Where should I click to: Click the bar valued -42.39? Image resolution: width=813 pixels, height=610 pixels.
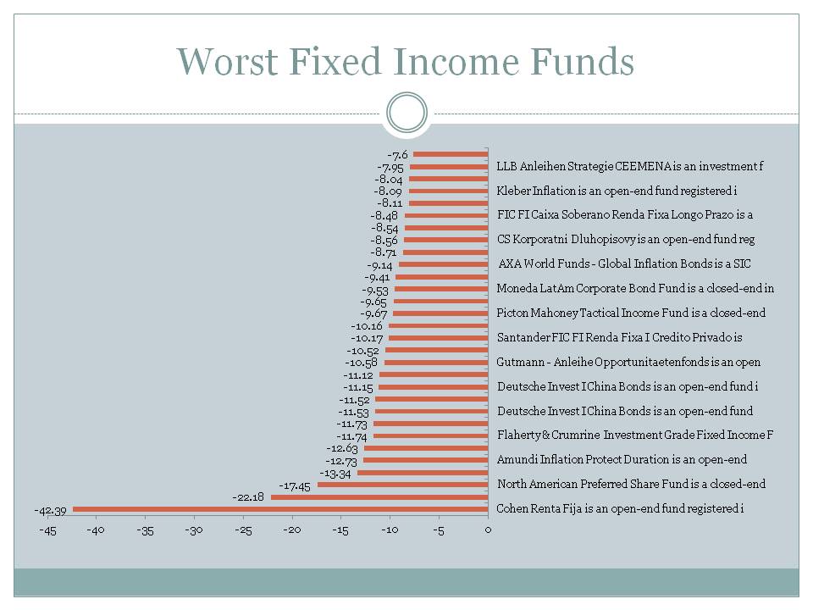click(x=279, y=509)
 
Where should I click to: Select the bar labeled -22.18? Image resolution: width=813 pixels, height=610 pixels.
click(x=379, y=497)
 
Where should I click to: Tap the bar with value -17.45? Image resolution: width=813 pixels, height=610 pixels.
click(x=402, y=485)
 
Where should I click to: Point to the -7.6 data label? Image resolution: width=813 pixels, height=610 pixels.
click(x=398, y=155)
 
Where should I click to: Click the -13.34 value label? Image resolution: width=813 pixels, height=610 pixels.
click(x=335, y=473)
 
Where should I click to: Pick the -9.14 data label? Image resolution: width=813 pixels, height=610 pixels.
click(x=380, y=265)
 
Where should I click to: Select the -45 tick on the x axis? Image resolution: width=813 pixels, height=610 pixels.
click(x=47, y=531)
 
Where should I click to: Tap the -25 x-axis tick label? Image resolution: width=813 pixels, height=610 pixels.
click(x=243, y=531)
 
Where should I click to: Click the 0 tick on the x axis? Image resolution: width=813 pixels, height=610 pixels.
click(x=488, y=531)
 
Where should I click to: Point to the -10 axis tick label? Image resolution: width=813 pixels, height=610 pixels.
click(x=390, y=531)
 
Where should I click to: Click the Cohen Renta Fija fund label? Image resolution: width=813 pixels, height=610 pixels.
click(x=620, y=508)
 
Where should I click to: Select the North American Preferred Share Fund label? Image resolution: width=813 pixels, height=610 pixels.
click(x=631, y=484)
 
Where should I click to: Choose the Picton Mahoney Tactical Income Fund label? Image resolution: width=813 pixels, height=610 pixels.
click(x=631, y=313)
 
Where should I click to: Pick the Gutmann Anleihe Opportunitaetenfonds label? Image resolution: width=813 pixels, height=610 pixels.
click(x=628, y=362)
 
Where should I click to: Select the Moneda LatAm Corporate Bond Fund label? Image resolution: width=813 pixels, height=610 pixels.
click(x=635, y=288)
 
